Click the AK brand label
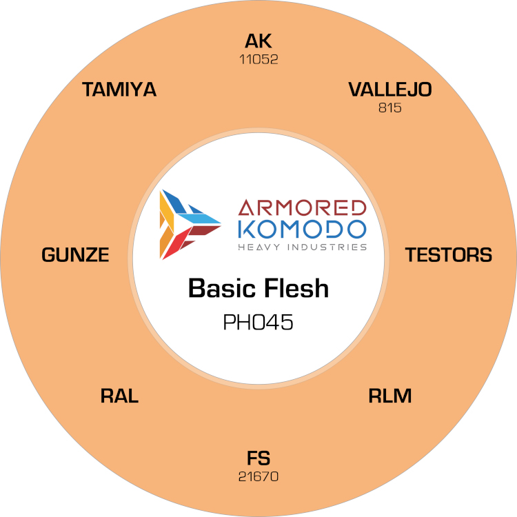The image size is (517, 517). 258,41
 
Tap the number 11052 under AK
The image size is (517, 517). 258,59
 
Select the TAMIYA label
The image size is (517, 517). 119,90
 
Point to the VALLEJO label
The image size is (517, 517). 390,90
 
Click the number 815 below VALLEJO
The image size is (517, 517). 390,108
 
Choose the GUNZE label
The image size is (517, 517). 75,254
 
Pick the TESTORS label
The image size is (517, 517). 449,254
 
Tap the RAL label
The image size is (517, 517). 119,396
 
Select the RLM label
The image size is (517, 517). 390,396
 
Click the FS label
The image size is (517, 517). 258,458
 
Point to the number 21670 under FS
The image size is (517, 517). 258,476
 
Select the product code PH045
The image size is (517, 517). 258,322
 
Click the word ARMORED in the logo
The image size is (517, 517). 302,207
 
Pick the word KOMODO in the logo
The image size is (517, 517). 302,229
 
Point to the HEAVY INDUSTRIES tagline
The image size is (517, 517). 303,247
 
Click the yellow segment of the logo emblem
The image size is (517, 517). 167,211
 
